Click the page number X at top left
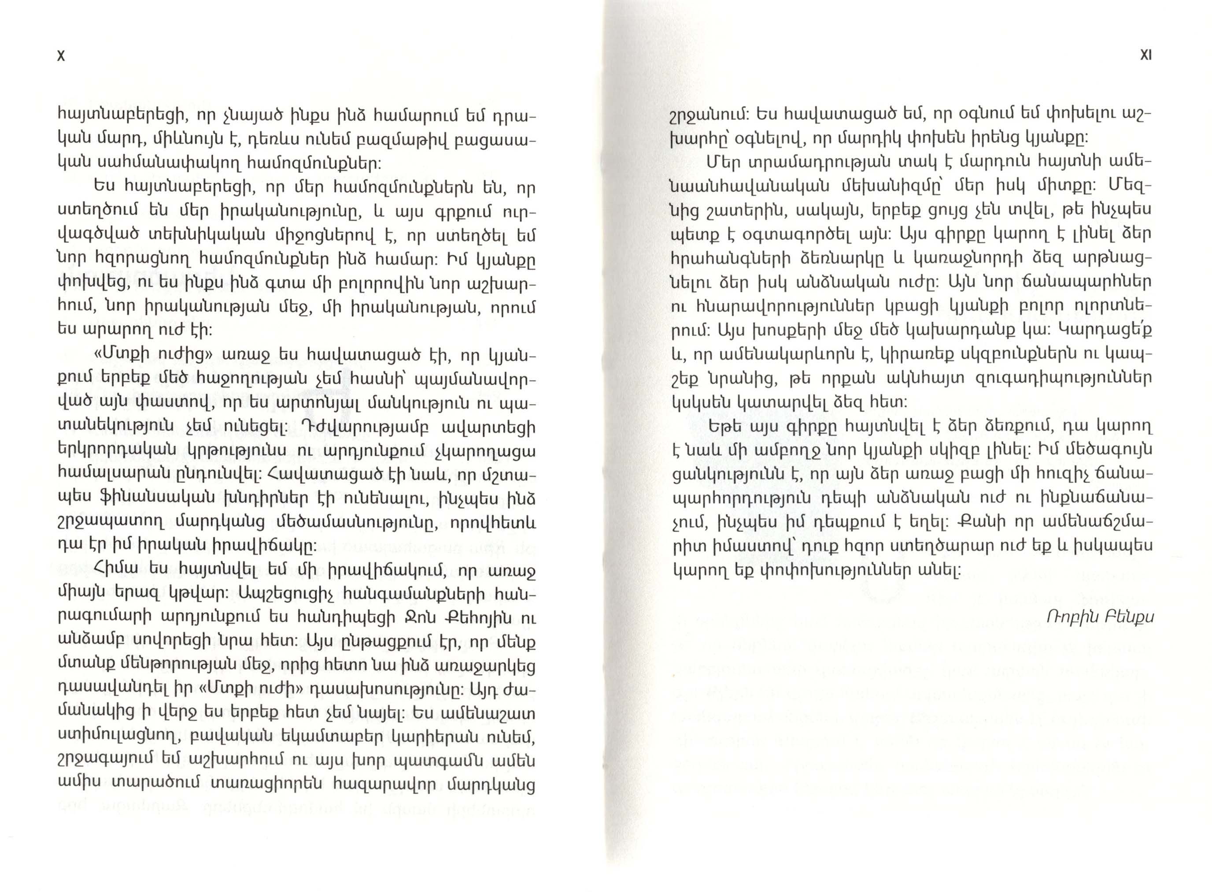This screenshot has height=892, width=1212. tap(61, 56)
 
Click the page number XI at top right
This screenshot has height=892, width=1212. tap(1145, 55)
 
